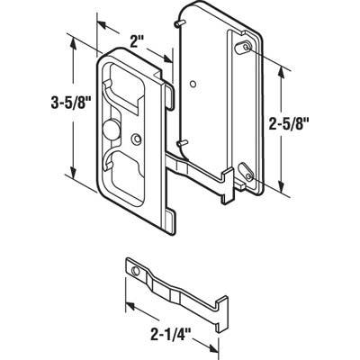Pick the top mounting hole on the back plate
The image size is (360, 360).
point(242,44)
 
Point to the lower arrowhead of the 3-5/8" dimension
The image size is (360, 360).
point(70,184)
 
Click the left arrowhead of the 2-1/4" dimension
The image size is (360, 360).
point(127,308)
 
